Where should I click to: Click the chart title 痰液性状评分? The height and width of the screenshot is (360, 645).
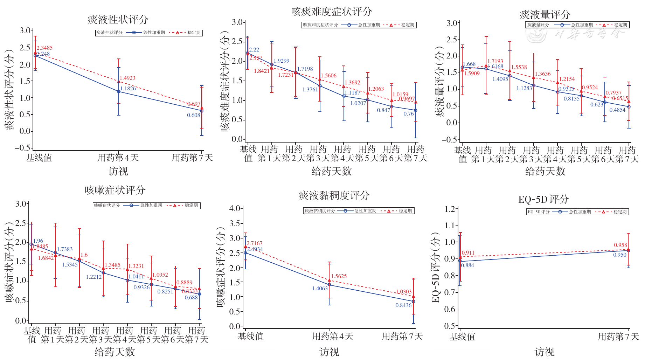pos(118,20)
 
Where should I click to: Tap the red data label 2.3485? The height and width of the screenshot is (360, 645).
pos(44,48)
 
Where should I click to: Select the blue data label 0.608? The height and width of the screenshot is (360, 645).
pos(193,115)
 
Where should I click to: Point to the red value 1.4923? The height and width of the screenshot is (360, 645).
pos(127,78)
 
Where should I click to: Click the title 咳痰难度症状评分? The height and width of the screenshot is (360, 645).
pos(331,12)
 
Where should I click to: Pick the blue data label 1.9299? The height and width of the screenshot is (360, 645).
pos(282,61)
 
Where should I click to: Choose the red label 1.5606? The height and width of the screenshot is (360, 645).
pos(328,76)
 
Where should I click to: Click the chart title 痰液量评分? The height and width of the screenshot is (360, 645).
pos(545,15)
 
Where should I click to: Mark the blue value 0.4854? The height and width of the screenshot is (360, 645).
pos(617,110)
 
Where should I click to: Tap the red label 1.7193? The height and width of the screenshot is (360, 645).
pos(495,61)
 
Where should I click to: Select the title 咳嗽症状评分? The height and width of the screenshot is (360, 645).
pos(115,190)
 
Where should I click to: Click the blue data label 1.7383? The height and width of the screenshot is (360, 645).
pos(65,249)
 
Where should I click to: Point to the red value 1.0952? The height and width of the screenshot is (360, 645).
pos(160,275)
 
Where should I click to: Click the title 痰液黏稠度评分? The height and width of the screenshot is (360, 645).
pos(334,195)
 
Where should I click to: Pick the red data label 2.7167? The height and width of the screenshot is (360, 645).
pos(254,243)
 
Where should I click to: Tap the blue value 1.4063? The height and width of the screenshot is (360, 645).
pos(320,289)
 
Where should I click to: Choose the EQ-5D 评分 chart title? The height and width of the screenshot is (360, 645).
pos(543,199)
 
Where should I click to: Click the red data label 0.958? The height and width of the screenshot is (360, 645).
pos(620,245)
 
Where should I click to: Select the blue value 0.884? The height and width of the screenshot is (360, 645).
pos(467,265)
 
